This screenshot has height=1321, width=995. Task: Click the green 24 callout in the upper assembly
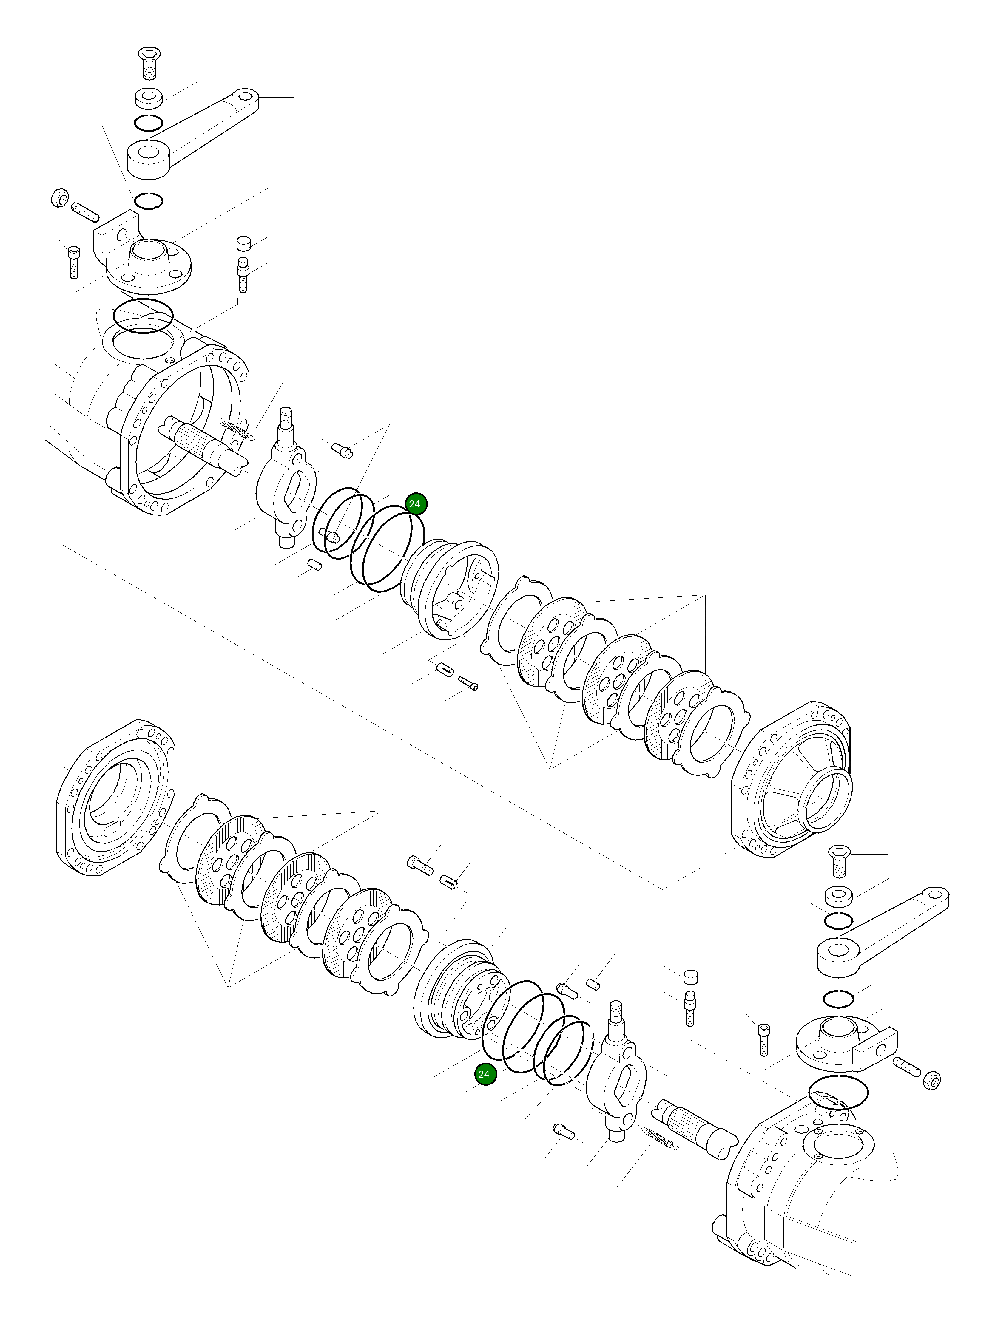point(414,504)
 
